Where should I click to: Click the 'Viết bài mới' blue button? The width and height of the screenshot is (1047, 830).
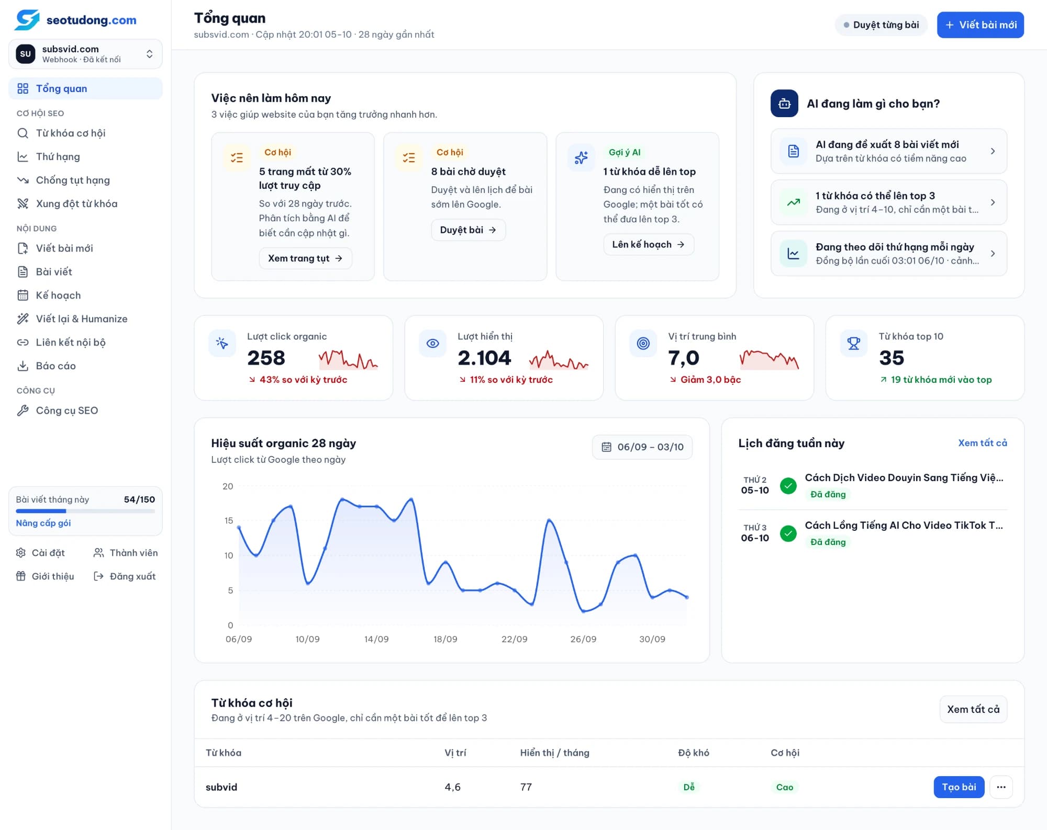[x=980, y=25]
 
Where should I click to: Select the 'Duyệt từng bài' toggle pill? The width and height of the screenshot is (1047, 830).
[x=881, y=25]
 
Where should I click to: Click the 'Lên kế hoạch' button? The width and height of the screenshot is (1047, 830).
[x=649, y=244]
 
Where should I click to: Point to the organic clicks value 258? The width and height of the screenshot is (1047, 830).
[x=266, y=358]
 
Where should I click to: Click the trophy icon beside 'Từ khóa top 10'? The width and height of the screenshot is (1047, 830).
[x=854, y=344]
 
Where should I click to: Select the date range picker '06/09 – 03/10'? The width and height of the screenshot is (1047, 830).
[x=642, y=447]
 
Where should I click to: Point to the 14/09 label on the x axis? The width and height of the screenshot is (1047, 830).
[x=376, y=639]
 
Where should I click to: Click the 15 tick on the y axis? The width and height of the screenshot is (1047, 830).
[x=229, y=521]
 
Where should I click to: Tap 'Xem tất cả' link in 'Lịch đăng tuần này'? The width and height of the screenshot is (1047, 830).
[x=983, y=443]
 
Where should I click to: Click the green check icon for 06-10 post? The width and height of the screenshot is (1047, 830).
[x=788, y=533]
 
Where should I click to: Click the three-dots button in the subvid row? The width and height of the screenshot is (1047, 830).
[x=1001, y=787]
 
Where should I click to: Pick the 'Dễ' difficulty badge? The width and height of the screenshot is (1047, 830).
[x=689, y=787]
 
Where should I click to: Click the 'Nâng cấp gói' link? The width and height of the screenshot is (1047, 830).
[x=43, y=523]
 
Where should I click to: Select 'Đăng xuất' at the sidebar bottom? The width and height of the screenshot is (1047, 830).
[x=125, y=576]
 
